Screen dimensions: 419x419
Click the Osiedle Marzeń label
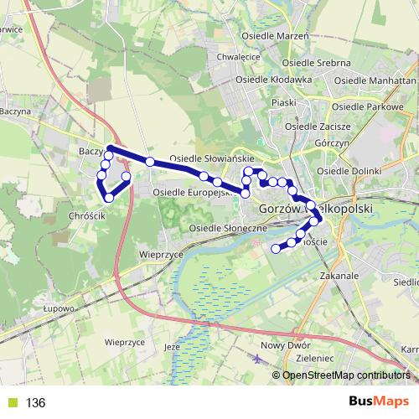click(x=276, y=37)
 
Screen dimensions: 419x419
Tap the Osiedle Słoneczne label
click(x=228, y=228)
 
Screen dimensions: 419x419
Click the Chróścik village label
click(x=85, y=215)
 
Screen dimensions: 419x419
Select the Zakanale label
click(x=339, y=275)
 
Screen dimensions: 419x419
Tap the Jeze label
click(x=173, y=346)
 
